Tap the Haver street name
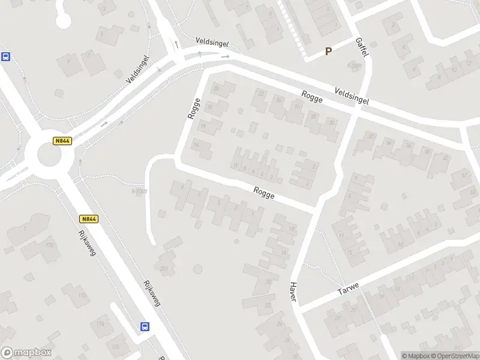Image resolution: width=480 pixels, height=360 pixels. point(293,292)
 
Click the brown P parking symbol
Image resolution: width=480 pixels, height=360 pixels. point(328,52)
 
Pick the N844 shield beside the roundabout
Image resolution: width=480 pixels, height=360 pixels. point(62,141)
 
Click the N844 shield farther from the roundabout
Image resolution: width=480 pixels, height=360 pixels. point(88,220)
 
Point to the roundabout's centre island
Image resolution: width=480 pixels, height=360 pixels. point(49,154)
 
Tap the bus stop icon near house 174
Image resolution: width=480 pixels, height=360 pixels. point(145,326)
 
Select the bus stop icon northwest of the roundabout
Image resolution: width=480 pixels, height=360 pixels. point(6,57)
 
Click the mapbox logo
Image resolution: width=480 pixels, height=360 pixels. point(26,353)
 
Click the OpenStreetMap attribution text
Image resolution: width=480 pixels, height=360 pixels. point(454,356)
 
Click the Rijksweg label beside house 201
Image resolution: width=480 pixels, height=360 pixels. point(152,293)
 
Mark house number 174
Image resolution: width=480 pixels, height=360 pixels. point(100,324)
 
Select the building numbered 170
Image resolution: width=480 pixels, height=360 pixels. point(49,245)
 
